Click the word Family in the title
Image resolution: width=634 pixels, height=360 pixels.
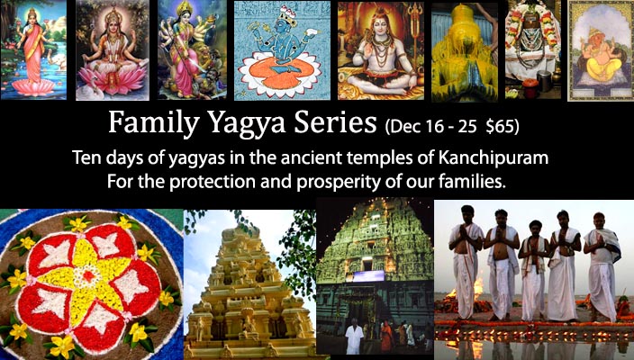point(154,123)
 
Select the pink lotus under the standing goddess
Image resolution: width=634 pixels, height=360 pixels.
point(33,86)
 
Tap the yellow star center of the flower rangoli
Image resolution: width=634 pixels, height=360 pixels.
point(89,277)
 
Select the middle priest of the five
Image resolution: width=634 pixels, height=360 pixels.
point(534,270)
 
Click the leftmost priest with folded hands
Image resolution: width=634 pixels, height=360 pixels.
point(466,262)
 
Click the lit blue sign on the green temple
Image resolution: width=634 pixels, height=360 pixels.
point(368,276)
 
